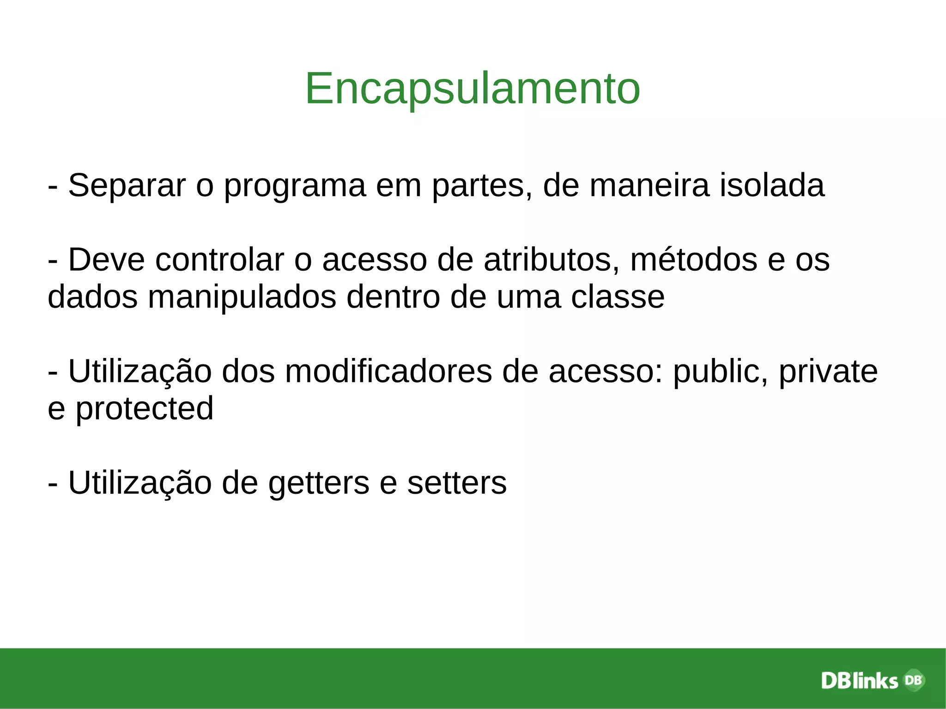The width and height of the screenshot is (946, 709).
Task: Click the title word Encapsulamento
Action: pyautogui.click(x=473, y=89)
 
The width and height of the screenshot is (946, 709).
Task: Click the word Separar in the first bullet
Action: pyautogui.click(x=127, y=186)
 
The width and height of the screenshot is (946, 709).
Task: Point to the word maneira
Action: pyautogui.click(x=649, y=186)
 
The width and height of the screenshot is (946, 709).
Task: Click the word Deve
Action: pyautogui.click(x=107, y=260)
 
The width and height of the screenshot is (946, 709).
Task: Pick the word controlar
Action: pyautogui.click(x=220, y=260)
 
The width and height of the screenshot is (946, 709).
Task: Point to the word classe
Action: pyautogui.click(x=618, y=297)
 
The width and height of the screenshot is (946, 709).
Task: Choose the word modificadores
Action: pyautogui.click(x=388, y=372)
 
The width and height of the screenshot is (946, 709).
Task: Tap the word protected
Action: pyautogui.click(x=144, y=409)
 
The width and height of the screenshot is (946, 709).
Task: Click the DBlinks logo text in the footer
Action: pyautogui.click(x=859, y=681)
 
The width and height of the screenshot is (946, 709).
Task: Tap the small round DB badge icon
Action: pyautogui.click(x=913, y=680)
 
